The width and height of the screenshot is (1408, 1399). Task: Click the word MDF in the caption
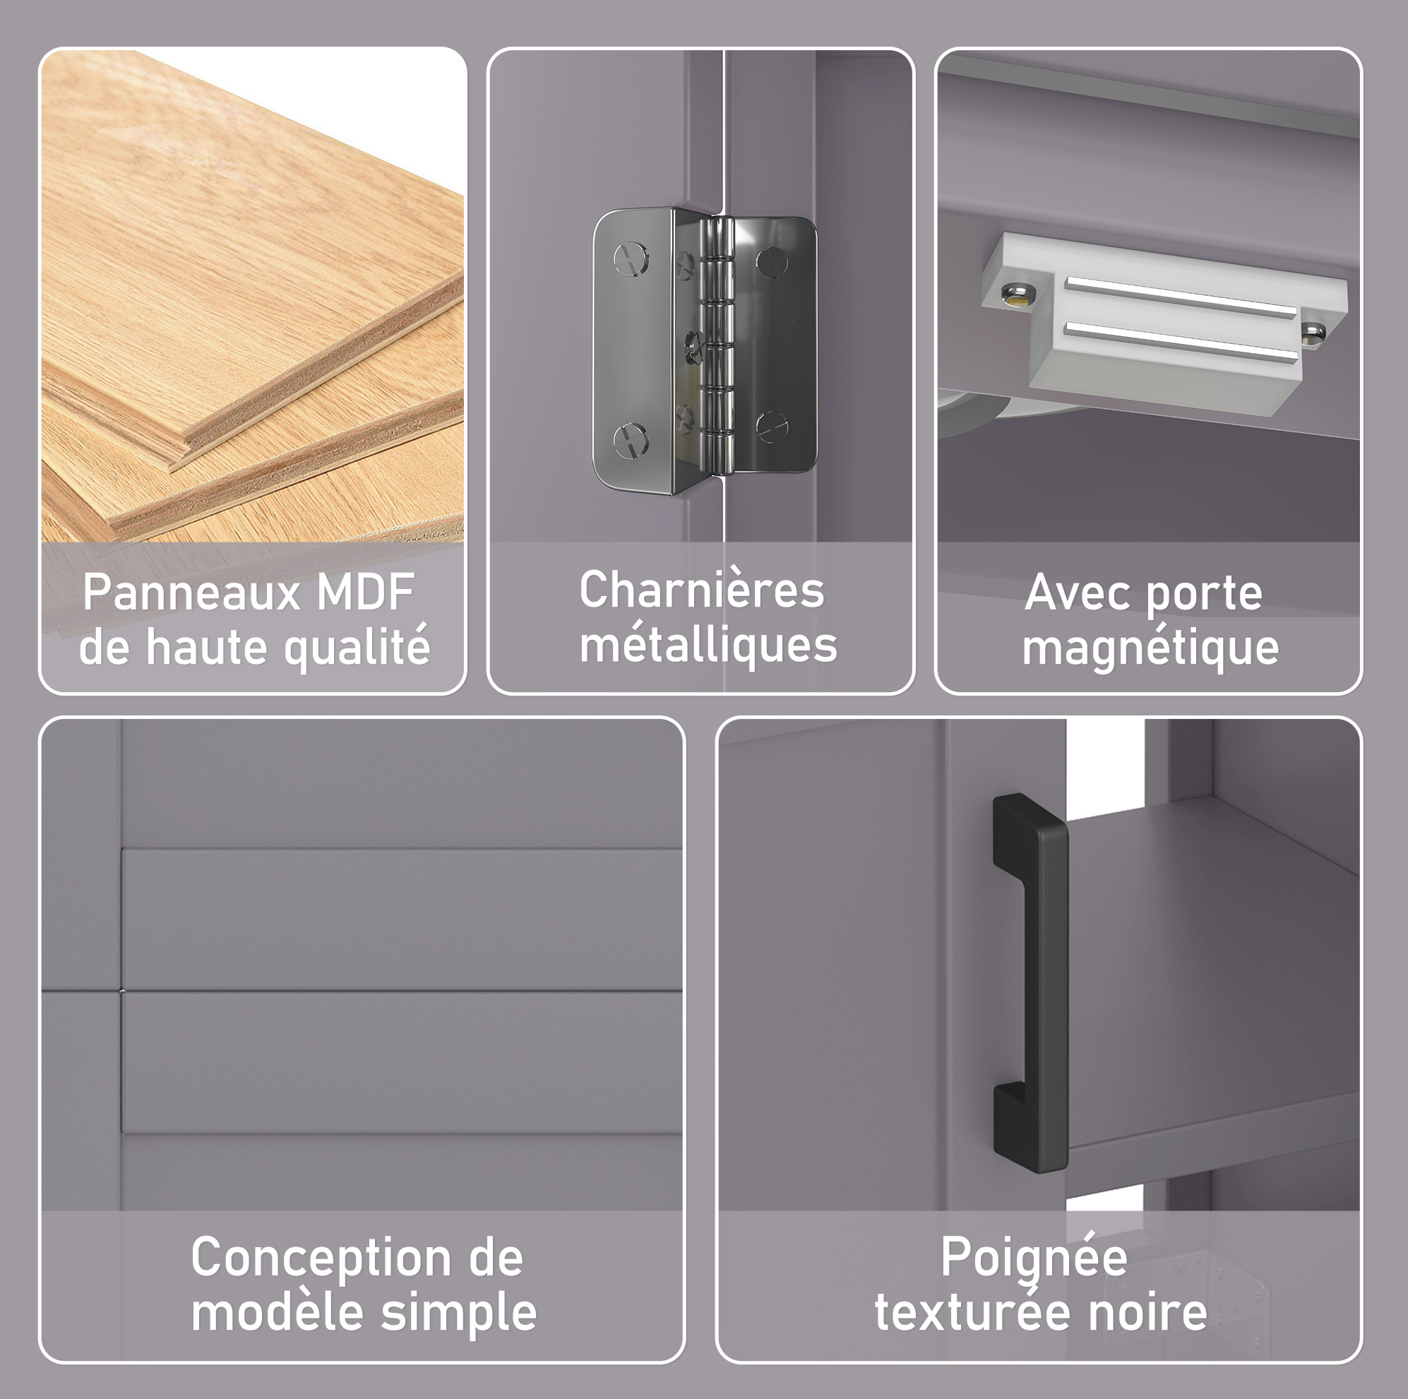[365, 592]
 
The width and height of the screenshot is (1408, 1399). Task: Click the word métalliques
[708, 646]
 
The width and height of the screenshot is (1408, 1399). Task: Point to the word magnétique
[1150, 648]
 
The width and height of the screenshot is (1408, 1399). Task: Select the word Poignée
[1034, 1258]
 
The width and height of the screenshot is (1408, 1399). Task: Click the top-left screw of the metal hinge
[631, 258]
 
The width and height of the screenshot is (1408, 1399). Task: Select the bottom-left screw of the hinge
[631, 441]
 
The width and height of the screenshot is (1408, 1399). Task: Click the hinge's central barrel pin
[717, 343]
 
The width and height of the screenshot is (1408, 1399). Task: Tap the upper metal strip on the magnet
[1181, 297]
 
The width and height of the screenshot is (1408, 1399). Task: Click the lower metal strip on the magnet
[1181, 342]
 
